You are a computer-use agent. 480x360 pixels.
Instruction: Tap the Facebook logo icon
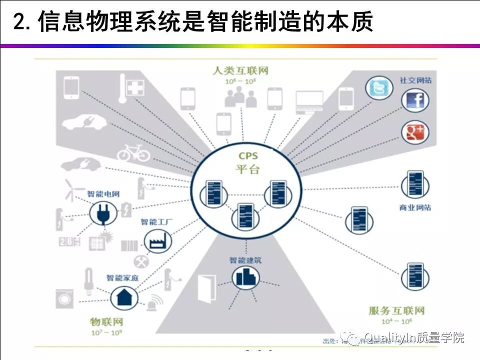point(415,100)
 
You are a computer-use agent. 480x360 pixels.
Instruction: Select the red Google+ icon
point(415,132)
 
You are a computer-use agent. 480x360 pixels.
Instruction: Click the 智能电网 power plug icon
point(102,214)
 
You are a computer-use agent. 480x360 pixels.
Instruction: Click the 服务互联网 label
point(396,311)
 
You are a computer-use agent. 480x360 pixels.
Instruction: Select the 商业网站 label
point(415,207)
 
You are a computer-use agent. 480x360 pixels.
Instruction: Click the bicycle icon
point(133,152)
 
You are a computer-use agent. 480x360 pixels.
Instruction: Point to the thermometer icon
point(122,88)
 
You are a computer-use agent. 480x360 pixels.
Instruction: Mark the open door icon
point(207,288)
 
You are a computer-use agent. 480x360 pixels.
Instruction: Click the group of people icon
point(240,97)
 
